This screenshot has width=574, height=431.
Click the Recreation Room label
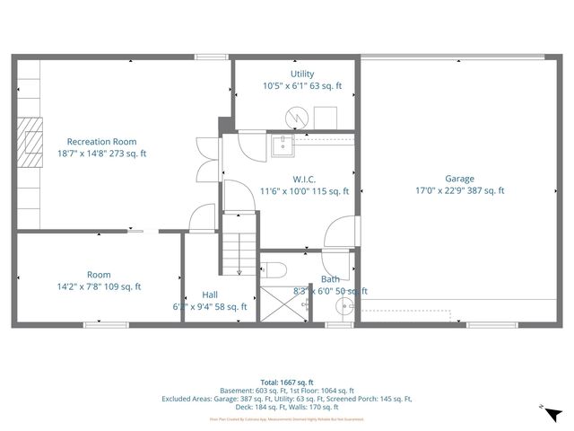100,141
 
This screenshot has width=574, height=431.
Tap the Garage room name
459,178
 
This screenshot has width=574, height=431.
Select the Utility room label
301,74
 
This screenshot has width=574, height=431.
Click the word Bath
330,279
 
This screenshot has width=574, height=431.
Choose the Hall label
210,295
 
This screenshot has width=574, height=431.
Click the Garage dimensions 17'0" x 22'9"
459,190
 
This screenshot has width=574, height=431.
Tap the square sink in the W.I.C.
281,146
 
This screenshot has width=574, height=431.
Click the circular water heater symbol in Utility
297,117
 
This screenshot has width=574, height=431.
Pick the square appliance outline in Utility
324,117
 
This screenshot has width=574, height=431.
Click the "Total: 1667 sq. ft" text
287,383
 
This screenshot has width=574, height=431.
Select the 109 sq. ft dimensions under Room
100,287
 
